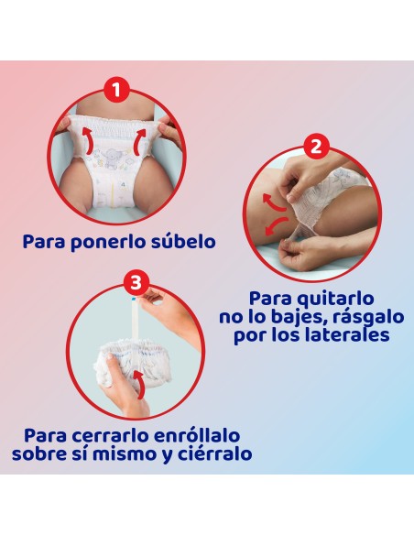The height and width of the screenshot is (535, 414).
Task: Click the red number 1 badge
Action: point(115,90)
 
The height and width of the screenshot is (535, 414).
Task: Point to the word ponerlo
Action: point(111,242)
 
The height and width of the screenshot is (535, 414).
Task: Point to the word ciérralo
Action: point(212,453)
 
